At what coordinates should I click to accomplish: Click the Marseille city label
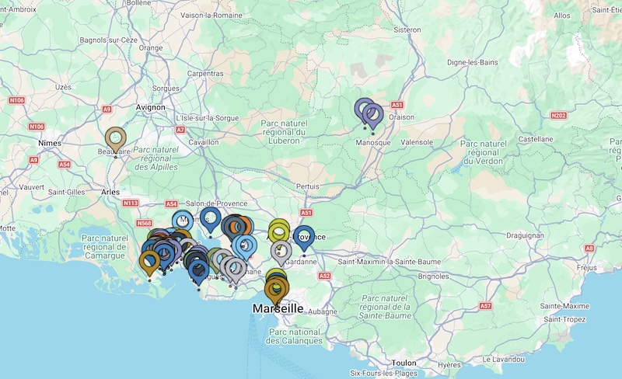[278, 308]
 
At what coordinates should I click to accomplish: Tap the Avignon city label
[150, 107]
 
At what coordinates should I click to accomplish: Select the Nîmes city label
[51, 144]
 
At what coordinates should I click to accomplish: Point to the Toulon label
[404, 363]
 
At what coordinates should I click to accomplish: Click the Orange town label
[150, 47]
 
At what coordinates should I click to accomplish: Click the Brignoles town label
[435, 275]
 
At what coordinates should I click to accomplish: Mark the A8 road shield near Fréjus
[589, 248]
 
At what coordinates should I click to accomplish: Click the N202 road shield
[557, 115]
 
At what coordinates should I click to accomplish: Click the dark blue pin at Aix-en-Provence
[304, 237]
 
